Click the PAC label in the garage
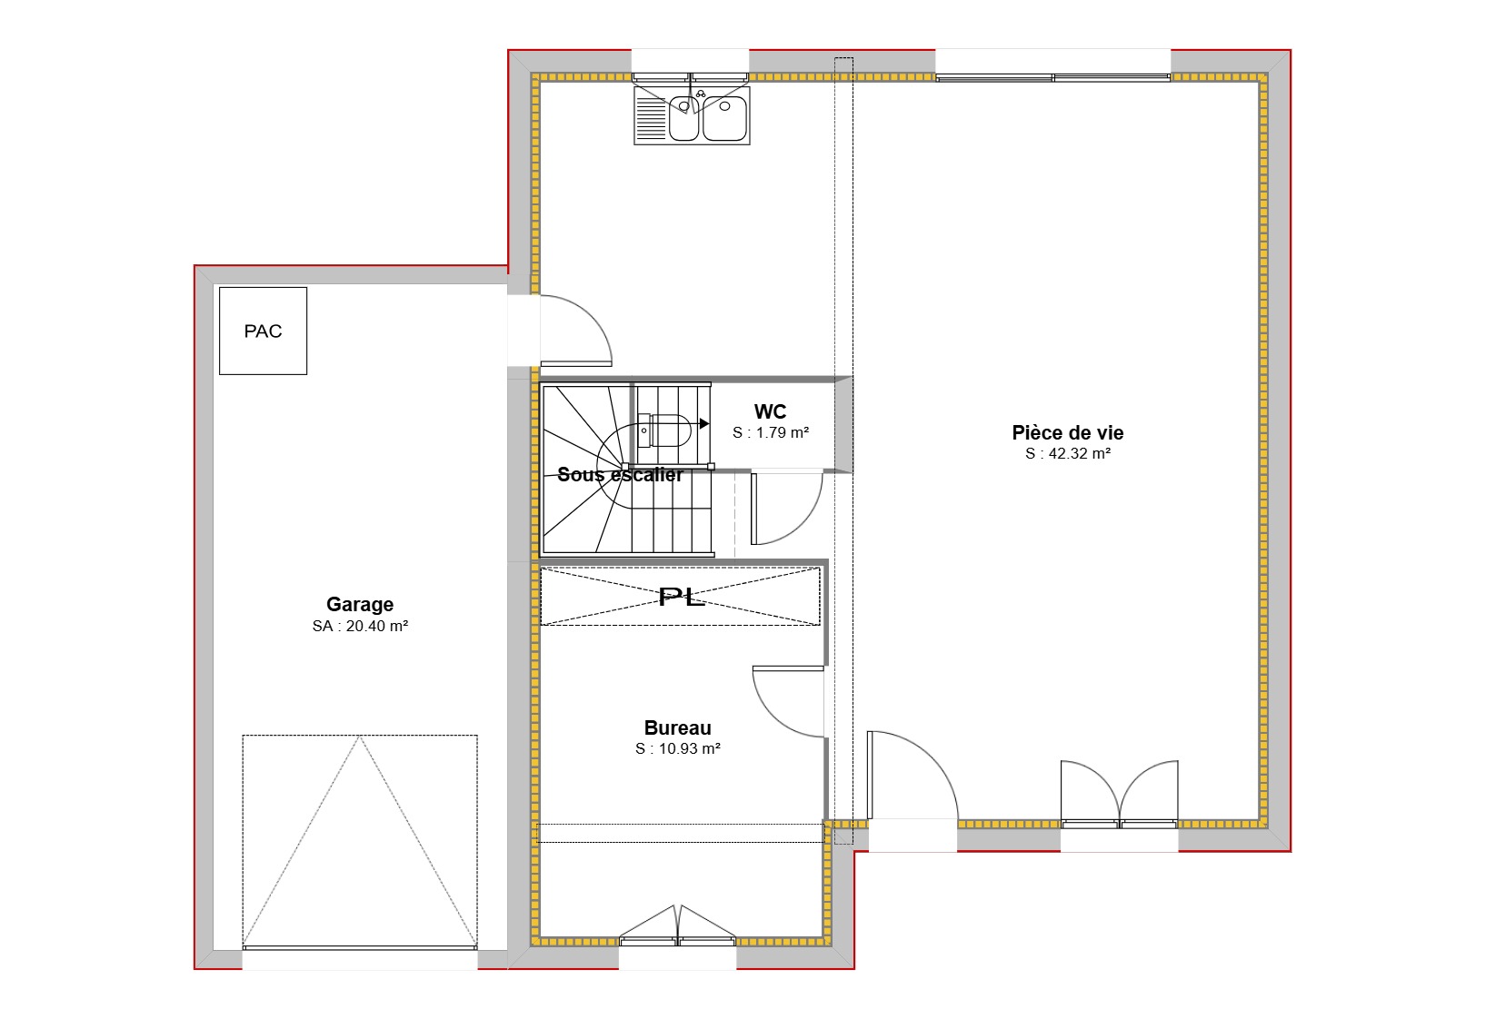[263, 331]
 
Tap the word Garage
[360, 604]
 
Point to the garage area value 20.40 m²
[361, 626]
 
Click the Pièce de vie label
[1068, 432]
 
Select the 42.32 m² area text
[1068, 453]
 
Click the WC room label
[770, 411]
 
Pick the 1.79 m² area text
[771, 432]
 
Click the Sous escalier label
[620, 474]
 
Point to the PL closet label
[681, 597]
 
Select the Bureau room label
[677, 727]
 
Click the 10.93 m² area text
[678, 748]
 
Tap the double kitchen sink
[692, 117]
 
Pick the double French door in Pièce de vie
[1119, 793]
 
